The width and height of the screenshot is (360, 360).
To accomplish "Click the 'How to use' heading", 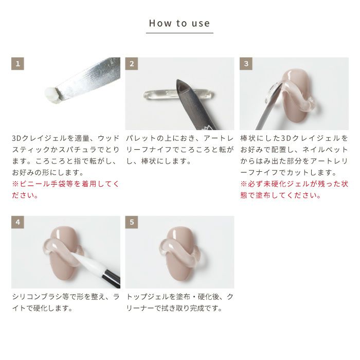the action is pos(179,23).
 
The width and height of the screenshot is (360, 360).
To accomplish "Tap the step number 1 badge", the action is pos(17,64).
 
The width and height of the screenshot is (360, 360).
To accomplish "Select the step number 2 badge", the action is pos(132,64).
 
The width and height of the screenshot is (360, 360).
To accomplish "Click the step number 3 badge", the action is pos(246,64).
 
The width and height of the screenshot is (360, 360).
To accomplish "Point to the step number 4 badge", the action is pos(17,222).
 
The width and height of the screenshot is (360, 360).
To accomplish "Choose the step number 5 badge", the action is pos(132,222).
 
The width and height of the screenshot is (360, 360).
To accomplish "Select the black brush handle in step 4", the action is pos(112,278).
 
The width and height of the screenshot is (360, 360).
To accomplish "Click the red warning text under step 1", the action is pos(66,190).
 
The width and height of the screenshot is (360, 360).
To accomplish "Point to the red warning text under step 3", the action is pos(294,190).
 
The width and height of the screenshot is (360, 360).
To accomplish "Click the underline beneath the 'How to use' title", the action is pos(179,33).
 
